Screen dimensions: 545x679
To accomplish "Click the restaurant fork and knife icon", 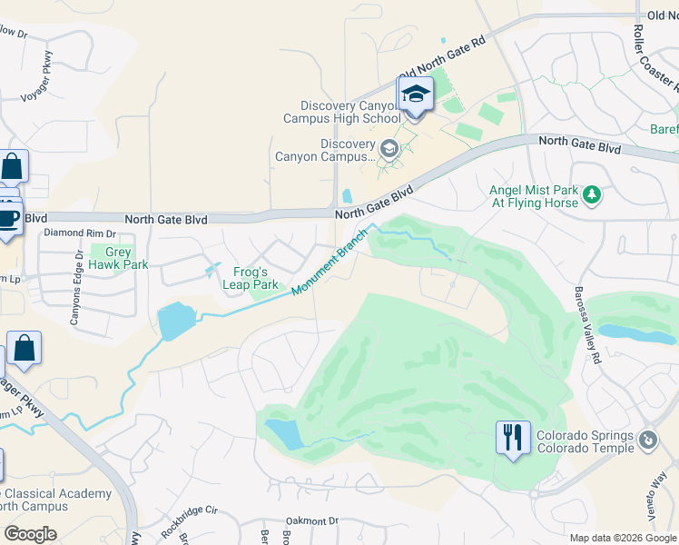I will (x=513, y=439).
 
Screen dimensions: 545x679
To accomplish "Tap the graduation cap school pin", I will (x=416, y=95).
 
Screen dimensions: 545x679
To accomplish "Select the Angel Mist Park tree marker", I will (x=592, y=193).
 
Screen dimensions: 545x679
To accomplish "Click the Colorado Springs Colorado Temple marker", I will (x=648, y=441).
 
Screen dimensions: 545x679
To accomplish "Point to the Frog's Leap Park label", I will (x=251, y=278).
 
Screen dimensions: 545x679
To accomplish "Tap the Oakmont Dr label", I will (x=311, y=521).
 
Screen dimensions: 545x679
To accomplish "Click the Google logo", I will (x=31, y=534).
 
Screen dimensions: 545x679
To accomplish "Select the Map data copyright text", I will (x=622, y=538).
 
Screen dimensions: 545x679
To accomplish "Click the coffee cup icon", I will (x=9, y=219).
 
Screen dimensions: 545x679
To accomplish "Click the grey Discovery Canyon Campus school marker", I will (x=389, y=148).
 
